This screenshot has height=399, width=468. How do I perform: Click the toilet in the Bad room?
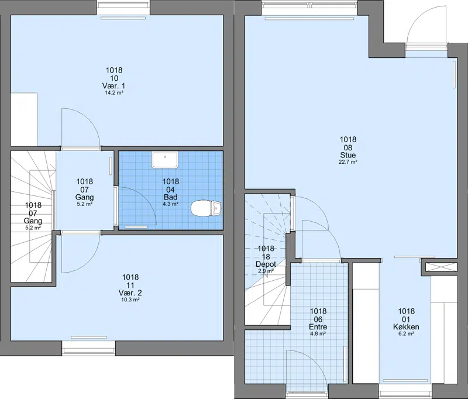tap(206, 208)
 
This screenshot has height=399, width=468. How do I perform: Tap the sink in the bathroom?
tap(165, 160)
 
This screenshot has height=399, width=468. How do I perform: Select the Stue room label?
tap(348, 155)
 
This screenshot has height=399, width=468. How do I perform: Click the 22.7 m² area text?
tap(348, 162)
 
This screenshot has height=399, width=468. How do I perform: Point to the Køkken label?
tap(406, 327)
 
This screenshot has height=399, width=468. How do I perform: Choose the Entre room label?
tap(318, 327)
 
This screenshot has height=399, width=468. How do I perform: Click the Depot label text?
tap(266, 264)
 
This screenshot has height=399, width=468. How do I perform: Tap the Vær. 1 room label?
tap(113, 86)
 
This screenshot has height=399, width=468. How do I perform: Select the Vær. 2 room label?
tap(130, 293)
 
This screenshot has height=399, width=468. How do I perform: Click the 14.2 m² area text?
tap(114, 93)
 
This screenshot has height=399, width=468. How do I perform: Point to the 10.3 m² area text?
tap(130, 300)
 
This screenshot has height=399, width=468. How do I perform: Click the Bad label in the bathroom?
tap(170, 197)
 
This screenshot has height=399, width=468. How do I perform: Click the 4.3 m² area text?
tap(170, 204)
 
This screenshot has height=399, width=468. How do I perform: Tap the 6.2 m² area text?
tap(406, 334)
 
